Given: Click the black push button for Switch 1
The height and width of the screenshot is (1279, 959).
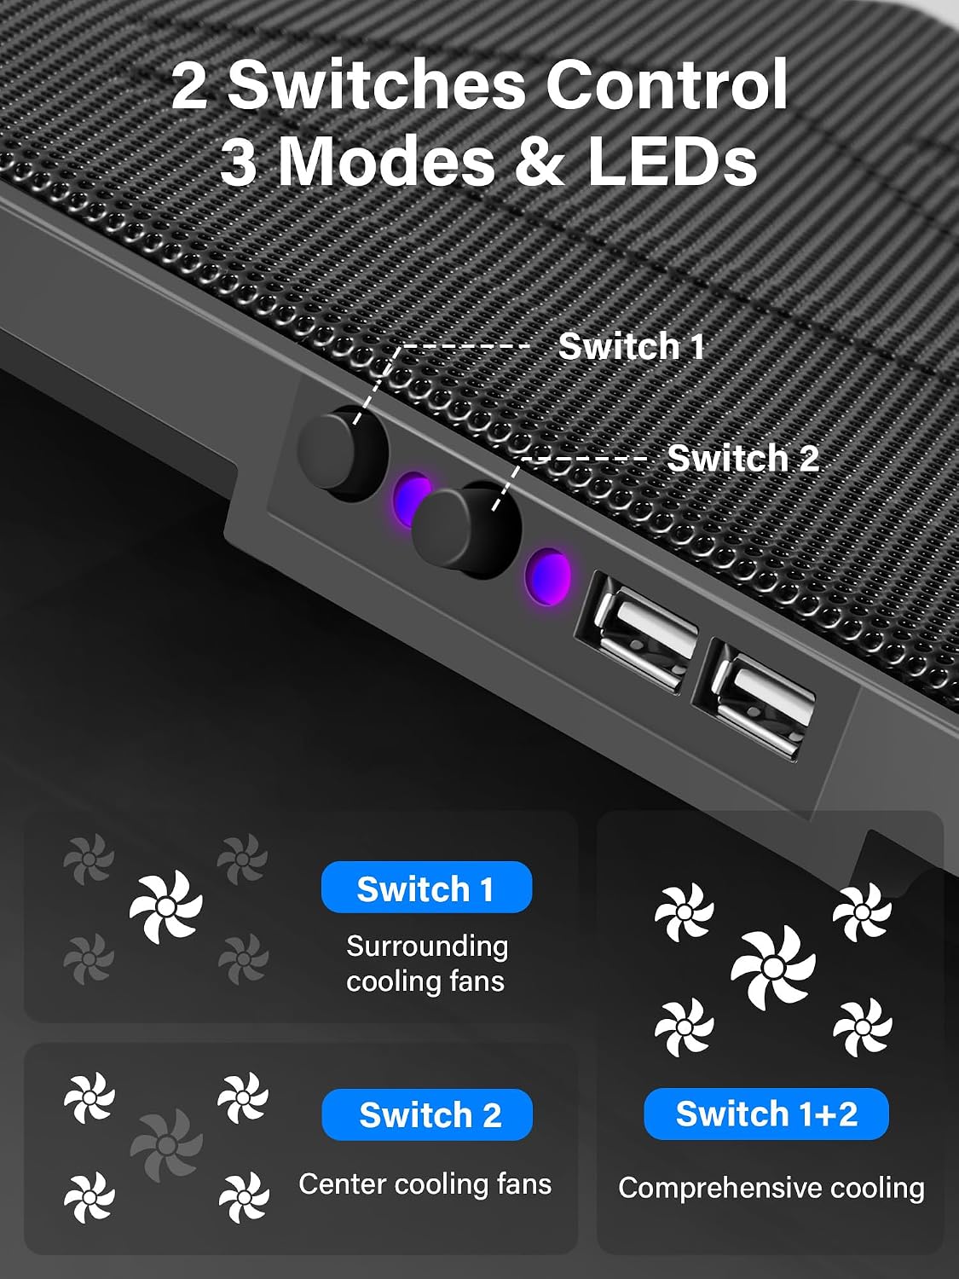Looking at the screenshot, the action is (343, 454).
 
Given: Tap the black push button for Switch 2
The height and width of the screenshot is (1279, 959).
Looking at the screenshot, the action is (465, 530).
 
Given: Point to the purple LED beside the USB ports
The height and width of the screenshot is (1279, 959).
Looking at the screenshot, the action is (547, 576).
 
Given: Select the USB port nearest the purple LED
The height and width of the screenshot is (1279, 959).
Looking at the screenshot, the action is (637, 632).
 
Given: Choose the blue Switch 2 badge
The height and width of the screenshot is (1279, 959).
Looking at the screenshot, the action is (427, 1115).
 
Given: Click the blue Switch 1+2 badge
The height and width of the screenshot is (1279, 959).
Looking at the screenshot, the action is (766, 1114).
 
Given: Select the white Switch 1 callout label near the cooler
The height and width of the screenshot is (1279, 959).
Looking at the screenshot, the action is (631, 346).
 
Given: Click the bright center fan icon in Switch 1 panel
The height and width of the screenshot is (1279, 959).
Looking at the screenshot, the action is (166, 906).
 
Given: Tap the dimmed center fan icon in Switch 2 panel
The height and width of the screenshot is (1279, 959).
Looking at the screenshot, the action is (166, 1145).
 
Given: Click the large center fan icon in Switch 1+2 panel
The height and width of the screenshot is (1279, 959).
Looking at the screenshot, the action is (773, 968).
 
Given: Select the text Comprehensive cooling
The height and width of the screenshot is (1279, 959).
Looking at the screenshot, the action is (771, 1189).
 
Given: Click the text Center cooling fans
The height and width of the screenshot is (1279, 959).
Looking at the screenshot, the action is (425, 1184).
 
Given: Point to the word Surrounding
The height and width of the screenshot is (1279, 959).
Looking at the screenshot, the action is (427, 946).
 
